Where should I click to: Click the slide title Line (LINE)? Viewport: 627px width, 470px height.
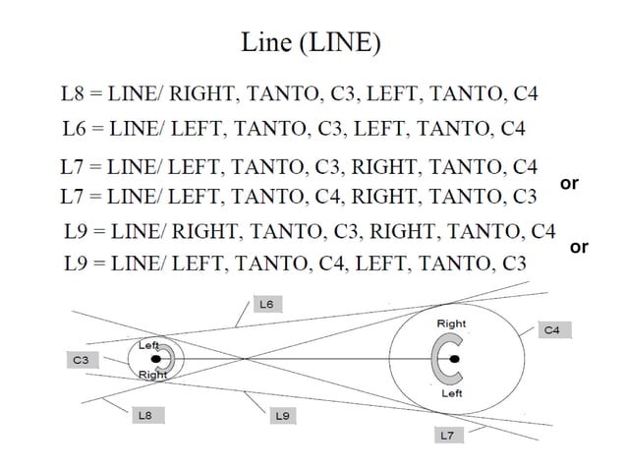(312, 42)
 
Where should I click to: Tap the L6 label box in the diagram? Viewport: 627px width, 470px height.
(266, 305)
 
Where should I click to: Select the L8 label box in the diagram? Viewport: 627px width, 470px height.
(144, 416)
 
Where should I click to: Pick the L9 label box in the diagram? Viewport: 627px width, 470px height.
(282, 416)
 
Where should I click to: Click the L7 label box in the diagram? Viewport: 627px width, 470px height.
(447, 434)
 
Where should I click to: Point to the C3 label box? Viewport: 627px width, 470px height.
(81, 361)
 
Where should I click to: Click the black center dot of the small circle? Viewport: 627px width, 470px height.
(156, 359)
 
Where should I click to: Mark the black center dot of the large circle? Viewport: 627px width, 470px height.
(454, 359)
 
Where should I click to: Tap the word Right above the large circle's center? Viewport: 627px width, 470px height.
(451, 323)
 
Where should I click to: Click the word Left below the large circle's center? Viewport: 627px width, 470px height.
(451, 393)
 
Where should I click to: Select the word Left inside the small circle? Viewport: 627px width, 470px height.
(149, 345)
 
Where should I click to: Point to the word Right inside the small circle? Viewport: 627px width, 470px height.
(152, 375)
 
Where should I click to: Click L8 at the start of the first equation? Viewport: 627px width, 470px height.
(74, 95)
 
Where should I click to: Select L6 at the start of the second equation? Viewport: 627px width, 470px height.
(74, 128)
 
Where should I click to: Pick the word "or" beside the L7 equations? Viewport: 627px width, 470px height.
(568, 184)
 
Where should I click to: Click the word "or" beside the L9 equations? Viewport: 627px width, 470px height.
(579, 247)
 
